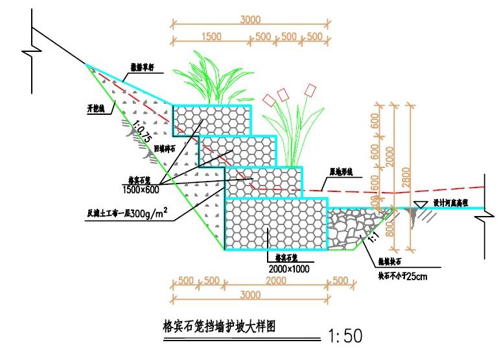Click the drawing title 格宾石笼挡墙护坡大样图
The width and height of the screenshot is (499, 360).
[219, 326]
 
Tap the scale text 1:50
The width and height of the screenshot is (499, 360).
[345, 336]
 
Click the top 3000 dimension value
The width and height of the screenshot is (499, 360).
[250, 20]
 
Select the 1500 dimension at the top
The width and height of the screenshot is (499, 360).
[211, 36]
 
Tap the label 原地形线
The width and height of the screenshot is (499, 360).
[341, 173]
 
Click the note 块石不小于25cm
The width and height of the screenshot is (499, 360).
[401, 275]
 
